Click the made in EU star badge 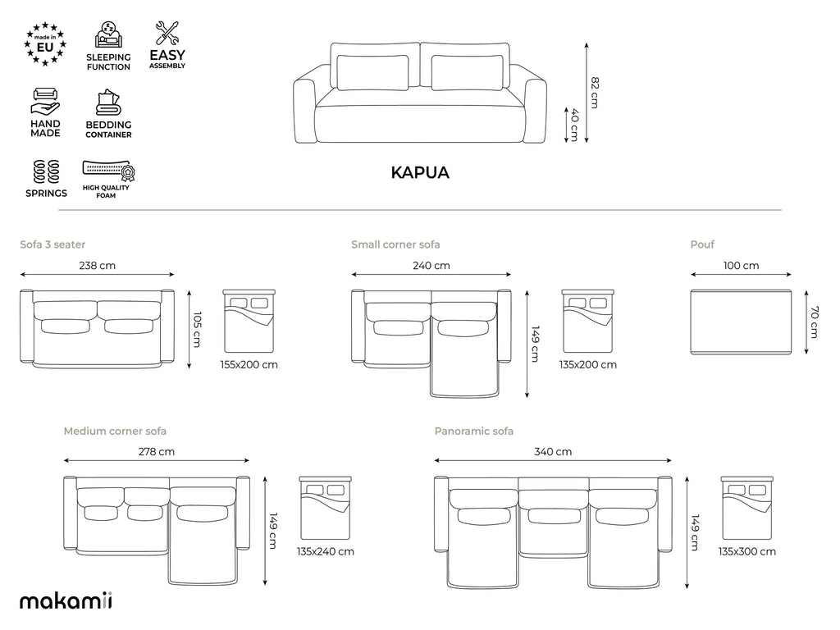45,44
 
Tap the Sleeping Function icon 109,35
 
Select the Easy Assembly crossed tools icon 167,33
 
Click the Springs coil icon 46,171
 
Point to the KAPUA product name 420,172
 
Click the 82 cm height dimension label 595,93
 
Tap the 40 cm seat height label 574,125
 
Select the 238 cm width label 97,265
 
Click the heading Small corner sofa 395,244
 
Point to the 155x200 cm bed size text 249,365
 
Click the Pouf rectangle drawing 741,322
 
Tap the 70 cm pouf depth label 815,322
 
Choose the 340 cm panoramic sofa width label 553,452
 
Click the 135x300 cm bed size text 747,551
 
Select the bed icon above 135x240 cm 325,507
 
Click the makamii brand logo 66,600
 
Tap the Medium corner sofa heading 115,431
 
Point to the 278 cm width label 157,452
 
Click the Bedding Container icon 109,103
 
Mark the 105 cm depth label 197,329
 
